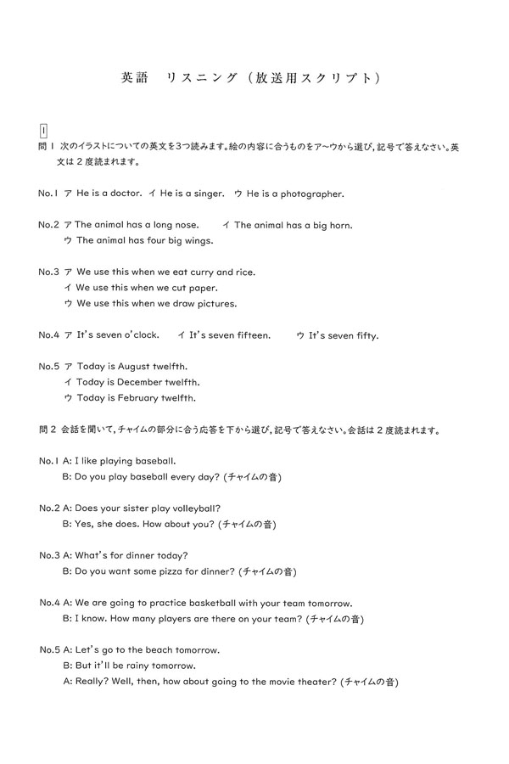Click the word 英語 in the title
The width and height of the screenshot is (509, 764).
point(135,78)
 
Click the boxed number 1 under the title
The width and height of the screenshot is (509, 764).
point(42,130)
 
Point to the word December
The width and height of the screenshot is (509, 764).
point(145,382)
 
